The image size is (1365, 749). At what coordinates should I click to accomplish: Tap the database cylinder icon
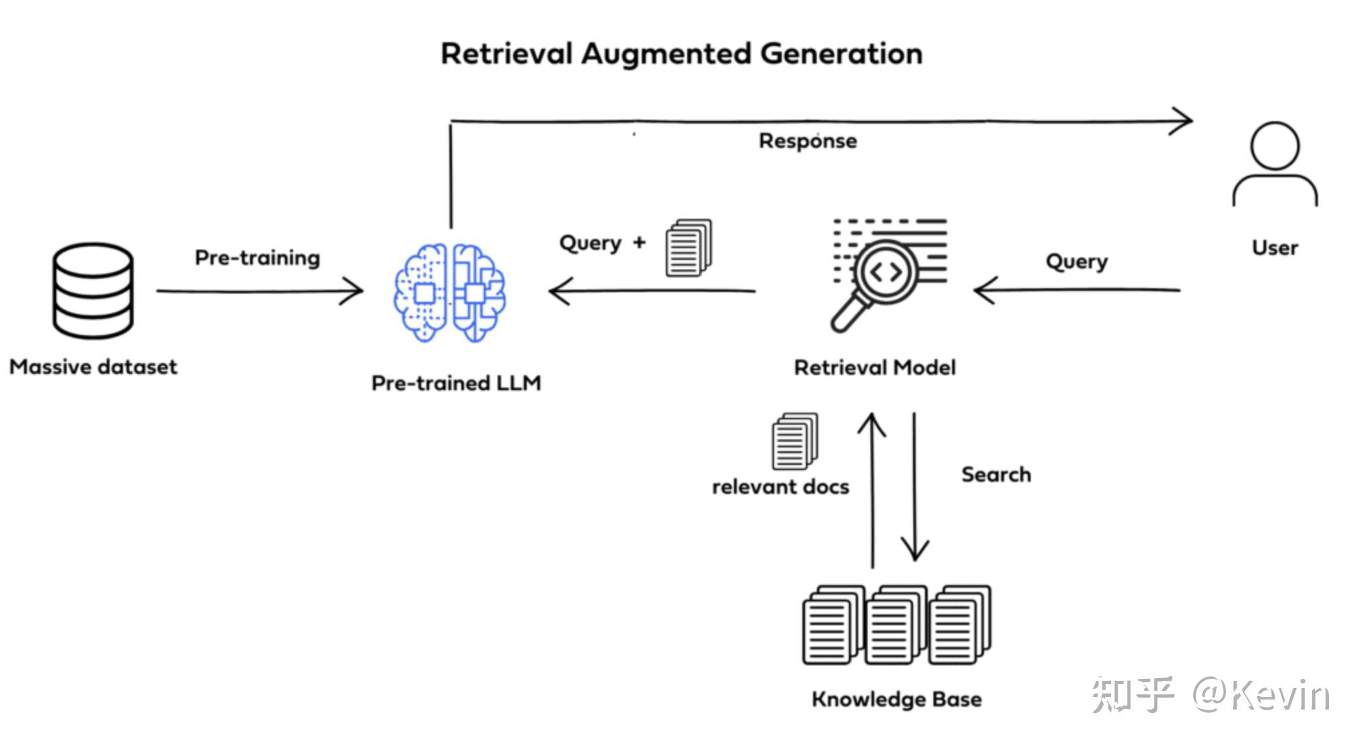coord(93,292)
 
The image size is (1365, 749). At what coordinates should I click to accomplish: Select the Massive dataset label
coord(94,367)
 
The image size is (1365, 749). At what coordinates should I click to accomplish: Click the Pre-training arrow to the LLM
coord(259,292)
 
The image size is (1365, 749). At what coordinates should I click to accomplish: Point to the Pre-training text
coord(257,258)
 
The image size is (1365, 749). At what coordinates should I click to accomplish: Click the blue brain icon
coord(449,293)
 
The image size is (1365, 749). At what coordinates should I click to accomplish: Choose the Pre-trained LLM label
coord(456,383)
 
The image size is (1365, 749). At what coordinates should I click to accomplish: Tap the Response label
coord(808,142)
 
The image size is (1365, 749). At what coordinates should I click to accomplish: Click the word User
coord(1275,248)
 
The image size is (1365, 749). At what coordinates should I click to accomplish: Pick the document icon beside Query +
coord(689,247)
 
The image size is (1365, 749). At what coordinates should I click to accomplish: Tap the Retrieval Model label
coord(875,368)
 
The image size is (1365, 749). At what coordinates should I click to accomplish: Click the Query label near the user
coord(1076,261)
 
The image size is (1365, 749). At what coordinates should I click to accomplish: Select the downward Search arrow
coord(914,486)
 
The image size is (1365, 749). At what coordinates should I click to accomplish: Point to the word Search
coord(996,475)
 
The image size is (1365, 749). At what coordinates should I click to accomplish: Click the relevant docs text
coord(780,487)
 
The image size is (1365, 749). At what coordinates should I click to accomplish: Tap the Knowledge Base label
coord(896,700)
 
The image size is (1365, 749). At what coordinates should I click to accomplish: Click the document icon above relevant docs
coord(795,441)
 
